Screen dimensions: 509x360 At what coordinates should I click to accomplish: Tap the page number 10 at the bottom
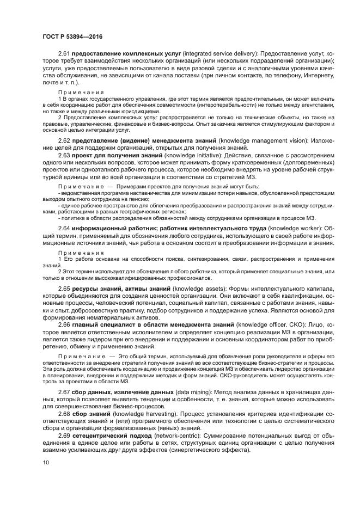[x=45, y=463]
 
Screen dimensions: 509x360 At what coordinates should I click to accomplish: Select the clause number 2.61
[x=64, y=54]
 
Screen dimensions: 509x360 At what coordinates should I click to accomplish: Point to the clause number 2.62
[x=64, y=141]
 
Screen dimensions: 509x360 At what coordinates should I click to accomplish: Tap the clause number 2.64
[x=64, y=228]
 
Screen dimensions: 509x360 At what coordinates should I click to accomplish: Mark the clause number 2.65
[x=64, y=287]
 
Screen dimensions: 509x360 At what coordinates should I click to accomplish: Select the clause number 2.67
[x=64, y=392]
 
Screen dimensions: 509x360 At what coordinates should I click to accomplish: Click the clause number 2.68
[x=64, y=414]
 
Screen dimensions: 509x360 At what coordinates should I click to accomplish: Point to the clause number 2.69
[x=64, y=437]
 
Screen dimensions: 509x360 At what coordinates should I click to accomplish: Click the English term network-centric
[x=171, y=437]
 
